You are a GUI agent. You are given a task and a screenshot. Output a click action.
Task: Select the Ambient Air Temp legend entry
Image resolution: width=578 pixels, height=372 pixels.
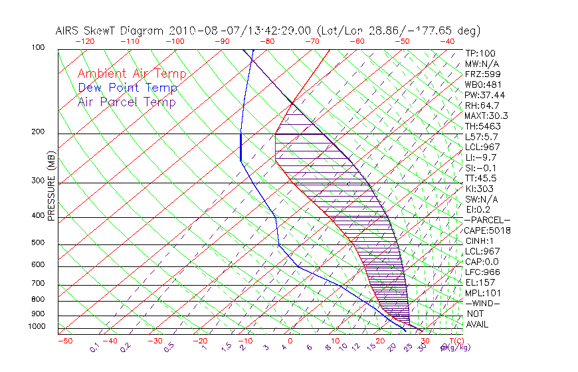click(x=132, y=74)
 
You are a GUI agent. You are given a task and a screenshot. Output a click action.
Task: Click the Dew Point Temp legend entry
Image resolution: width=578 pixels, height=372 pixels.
click(x=128, y=88)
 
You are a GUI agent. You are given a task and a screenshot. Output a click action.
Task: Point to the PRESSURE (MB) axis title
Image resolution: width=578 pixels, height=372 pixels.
click(x=51, y=190)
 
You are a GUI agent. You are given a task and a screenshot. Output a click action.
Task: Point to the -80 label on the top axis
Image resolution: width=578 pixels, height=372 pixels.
click(x=268, y=41)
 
